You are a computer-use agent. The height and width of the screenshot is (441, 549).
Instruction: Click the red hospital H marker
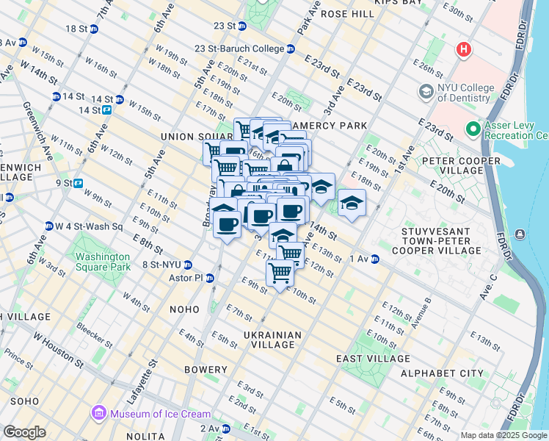click(x=463, y=50)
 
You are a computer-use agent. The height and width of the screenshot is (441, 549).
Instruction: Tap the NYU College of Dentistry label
click(x=465, y=93)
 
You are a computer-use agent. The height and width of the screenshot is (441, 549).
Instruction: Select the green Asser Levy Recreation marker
click(x=473, y=130)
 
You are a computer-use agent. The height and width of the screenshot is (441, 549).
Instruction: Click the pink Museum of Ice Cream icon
click(x=98, y=414)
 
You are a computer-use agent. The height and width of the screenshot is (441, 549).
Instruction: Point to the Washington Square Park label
click(x=102, y=262)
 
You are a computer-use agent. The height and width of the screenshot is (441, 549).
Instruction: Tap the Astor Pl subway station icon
click(x=211, y=279)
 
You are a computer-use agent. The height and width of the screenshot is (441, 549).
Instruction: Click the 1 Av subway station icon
click(x=375, y=259)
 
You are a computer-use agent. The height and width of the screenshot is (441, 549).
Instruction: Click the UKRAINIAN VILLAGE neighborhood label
click(x=272, y=340)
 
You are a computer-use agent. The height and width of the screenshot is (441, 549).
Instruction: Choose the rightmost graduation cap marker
click(x=352, y=204)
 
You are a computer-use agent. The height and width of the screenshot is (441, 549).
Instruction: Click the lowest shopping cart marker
click(x=280, y=273)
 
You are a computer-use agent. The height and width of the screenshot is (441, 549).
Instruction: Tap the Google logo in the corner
click(x=24, y=432)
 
